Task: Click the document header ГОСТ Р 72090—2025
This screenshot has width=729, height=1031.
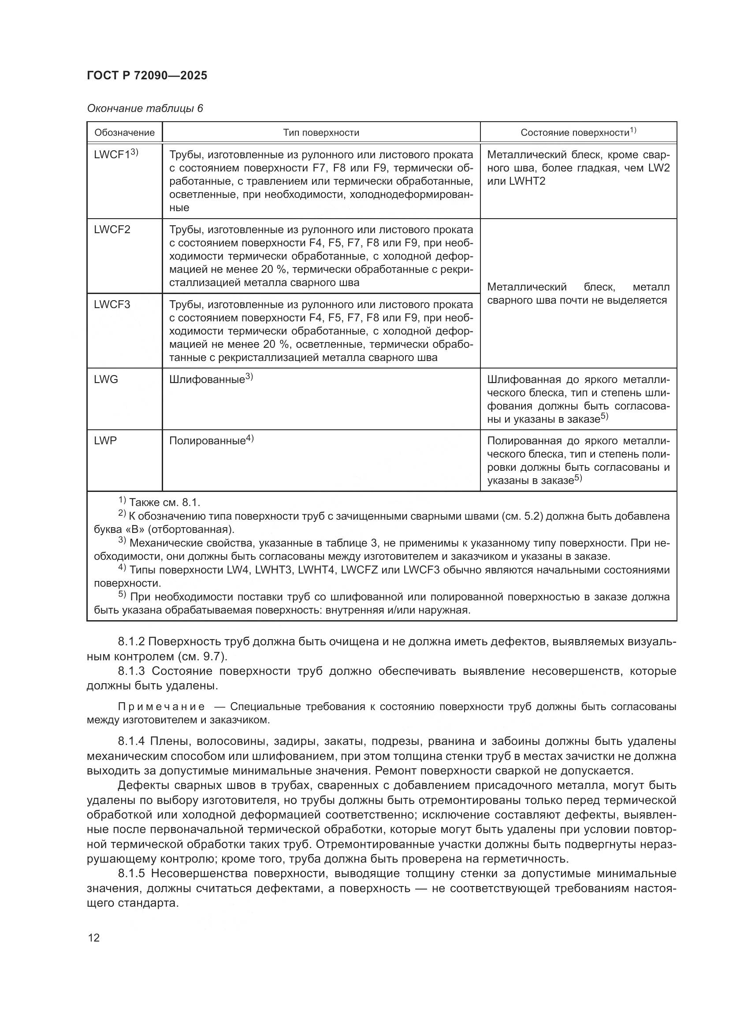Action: pos(147,75)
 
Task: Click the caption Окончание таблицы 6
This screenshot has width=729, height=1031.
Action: pos(145,109)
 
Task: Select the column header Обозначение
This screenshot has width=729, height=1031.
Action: pos(124,133)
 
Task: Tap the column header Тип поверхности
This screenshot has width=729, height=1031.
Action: pos(321,133)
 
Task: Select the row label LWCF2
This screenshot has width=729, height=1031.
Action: pos(112,230)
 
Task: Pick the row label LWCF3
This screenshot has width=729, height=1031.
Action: pos(112,305)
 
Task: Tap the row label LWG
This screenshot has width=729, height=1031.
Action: pos(106,380)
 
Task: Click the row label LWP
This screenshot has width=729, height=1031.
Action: pos(105,440)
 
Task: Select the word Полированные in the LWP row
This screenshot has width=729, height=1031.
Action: pos(207,441)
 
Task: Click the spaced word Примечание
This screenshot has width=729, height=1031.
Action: pos(161,706)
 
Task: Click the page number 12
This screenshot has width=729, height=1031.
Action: pos(94,938)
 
